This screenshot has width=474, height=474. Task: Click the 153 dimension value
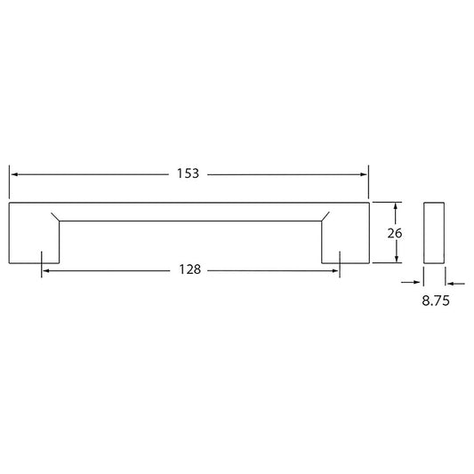tap(188, 173)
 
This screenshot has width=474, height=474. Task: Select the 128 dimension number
tap(189, 269)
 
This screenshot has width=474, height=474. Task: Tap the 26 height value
tap(395, 233)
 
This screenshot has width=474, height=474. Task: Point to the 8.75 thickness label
tap(436, 301)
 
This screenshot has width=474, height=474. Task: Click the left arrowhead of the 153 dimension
tap(14, 174)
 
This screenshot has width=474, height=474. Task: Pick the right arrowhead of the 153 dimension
tap(364, 174)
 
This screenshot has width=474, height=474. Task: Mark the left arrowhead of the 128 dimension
tap(46, 271)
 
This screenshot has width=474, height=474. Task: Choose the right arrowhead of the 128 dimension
tap(335, 271)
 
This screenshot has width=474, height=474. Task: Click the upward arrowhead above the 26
tap(396, 207)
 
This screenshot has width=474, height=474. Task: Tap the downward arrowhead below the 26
tap(397, 259)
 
